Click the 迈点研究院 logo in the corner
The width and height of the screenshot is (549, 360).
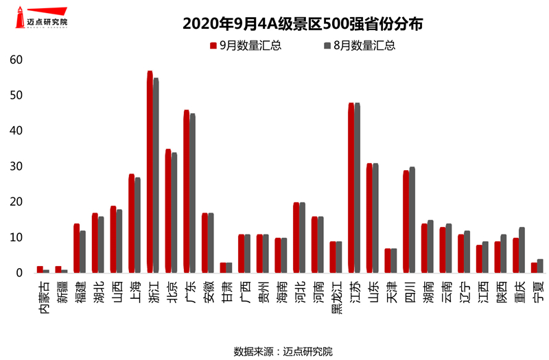point(42,18)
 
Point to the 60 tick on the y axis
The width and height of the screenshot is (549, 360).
point(16,60)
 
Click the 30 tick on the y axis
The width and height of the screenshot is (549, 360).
point(16,167)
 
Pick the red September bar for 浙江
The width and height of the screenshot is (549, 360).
point(150,171)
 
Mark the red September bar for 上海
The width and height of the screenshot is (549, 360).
point(131,224)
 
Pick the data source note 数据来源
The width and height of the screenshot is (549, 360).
point(283,351)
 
